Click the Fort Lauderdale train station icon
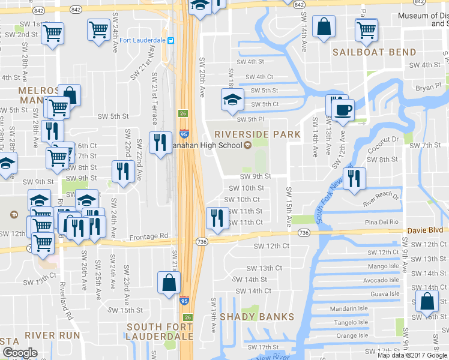click(171, 40)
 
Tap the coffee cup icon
click(343, 110)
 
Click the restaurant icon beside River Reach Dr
click(354, 178)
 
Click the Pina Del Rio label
click(382, 222)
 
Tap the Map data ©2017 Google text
click(413, 355)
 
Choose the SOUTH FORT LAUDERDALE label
click(160, 332)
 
